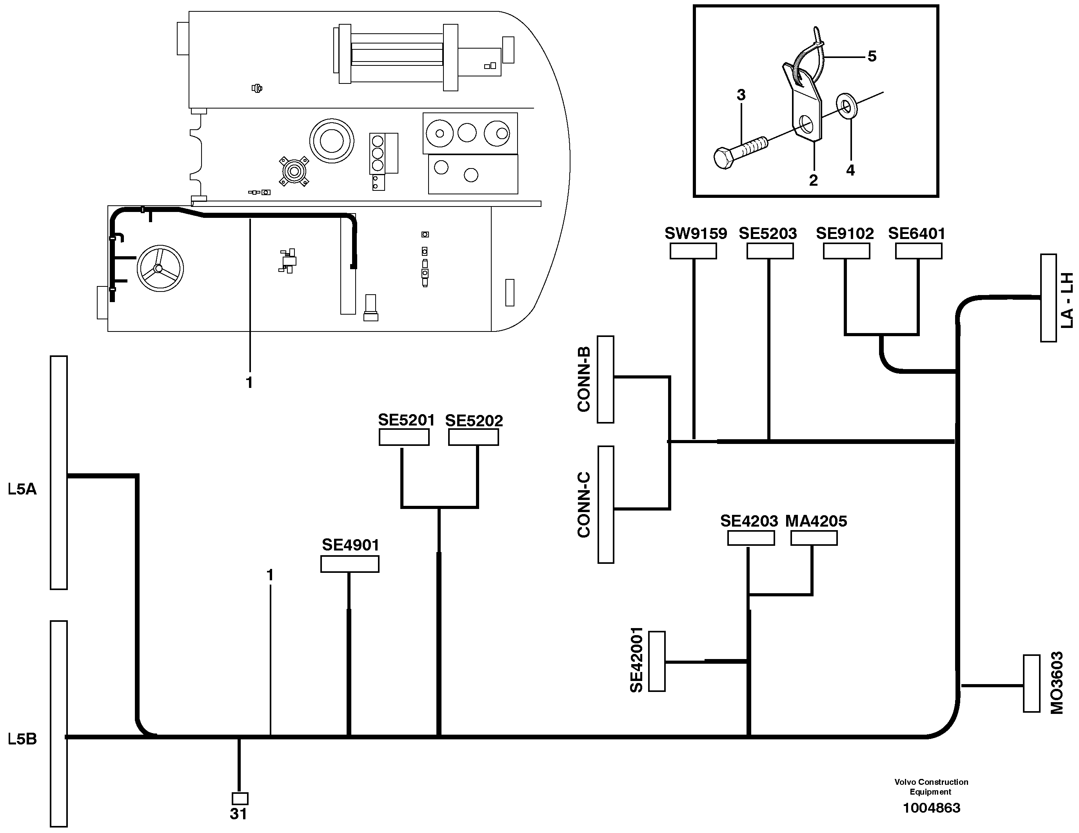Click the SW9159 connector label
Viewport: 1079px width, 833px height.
[x=695, y=234]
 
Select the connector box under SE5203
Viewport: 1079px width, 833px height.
[x=770, y=251]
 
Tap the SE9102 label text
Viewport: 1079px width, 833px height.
[x=844, y=234]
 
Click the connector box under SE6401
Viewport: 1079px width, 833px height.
[x=918, y=251]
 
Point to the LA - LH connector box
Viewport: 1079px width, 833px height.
[x=1048, y=298]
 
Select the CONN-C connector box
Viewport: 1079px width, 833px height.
[x=606, y=504]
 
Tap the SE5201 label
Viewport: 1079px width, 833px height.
[x=406, y=420]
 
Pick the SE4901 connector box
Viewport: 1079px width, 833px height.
[x=349, y=564]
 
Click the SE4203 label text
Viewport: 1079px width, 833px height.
[x=748, y=521]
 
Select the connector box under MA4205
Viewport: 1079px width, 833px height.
[x=814, y=538]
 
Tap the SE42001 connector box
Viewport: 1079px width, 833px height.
[x=657, y=661]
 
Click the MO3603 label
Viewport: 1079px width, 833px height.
[x=1056, y=683]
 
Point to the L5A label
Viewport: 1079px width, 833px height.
[x=22, y=489]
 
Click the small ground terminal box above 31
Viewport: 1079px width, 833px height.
[x=240, y=799]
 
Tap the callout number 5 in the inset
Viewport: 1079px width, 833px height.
[x=872, y=56]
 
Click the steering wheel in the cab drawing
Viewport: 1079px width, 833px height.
[x=160, y=268]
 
